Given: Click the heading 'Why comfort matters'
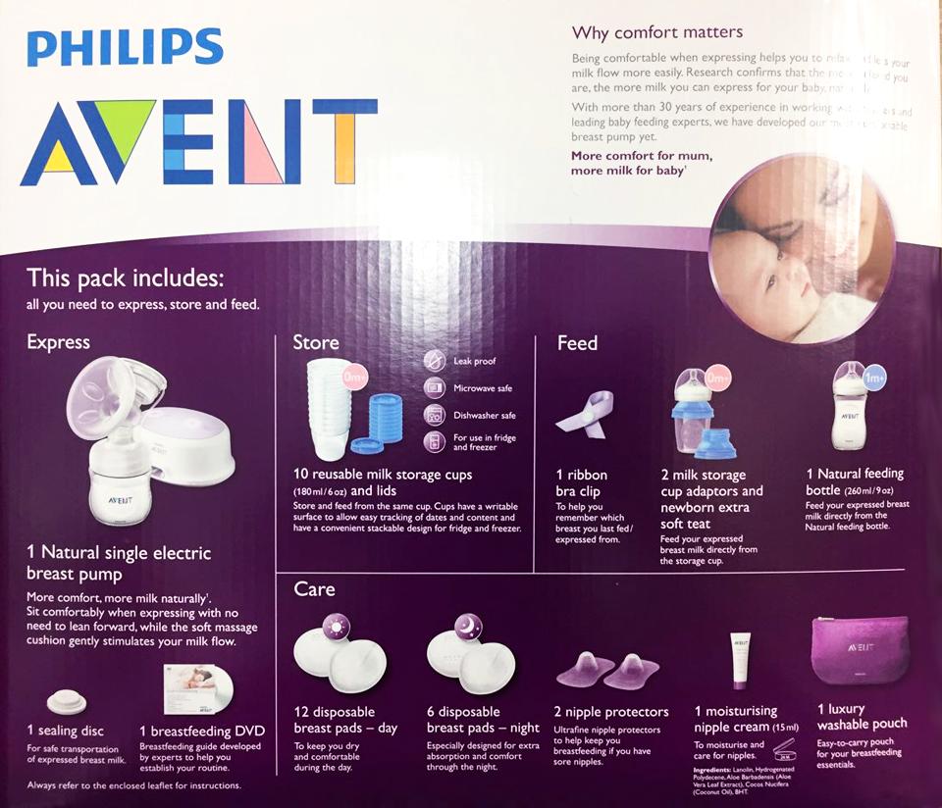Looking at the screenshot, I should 657,32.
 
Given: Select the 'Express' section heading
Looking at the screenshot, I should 58,342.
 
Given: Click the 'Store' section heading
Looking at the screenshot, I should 316,342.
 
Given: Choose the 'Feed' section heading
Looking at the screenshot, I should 577,343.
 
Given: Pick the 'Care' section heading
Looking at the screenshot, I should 314,588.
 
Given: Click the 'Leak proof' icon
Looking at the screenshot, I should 435,361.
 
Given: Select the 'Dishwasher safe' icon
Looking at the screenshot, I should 435,415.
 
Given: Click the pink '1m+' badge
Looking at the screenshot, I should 874,377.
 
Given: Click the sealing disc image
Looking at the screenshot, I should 67,702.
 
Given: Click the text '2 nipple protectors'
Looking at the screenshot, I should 611,712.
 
